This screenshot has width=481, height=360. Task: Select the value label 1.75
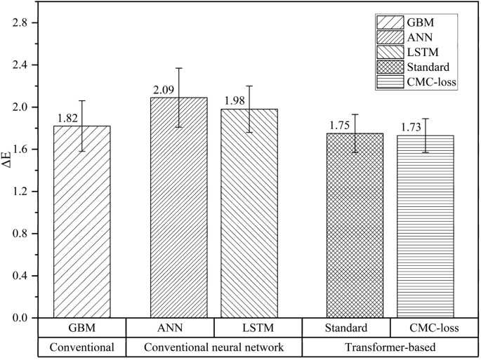(x=339, y=126)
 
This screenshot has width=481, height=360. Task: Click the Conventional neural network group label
(x=213, y=346)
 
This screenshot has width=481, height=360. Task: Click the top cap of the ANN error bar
(x=178, y=68)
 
